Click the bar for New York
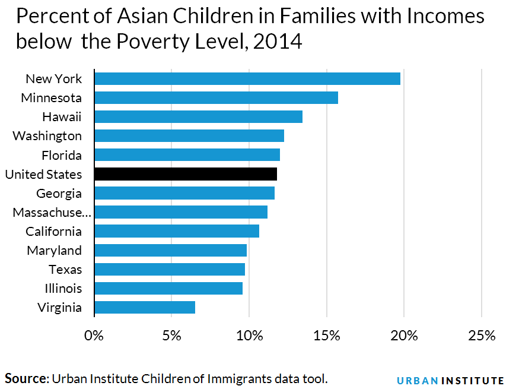tap(247, 79)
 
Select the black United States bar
tap(186, 174)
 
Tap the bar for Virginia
tap(145, 307)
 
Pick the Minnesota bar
tap(216, 98)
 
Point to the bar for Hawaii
tap(198, 117)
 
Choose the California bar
tap(177, 231)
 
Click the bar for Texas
tap(170, 269)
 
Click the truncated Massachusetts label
tap(47, 212)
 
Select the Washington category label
tap(47, 136)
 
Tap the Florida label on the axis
tap(62, 155)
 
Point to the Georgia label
tap(59, 193)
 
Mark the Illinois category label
tap(63, 288)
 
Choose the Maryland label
tap(55, 250)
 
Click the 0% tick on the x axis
tap(94, 336)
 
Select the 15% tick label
tap(326, 336)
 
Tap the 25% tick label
tap(481, 336)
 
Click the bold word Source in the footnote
tap(26, 378)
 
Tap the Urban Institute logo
tap(450, 380)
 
